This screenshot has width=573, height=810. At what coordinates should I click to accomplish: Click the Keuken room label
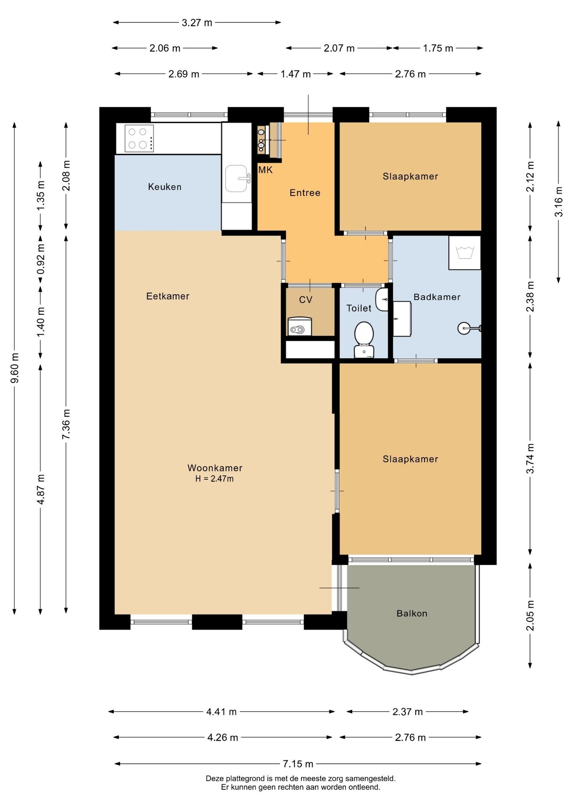[x=165, y=186]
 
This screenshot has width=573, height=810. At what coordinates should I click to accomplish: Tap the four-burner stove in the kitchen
[x=139, y=138]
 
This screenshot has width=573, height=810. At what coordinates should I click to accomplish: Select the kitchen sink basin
[x=237, y=178]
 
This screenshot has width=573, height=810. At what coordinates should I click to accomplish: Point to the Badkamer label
[x=437, y=297]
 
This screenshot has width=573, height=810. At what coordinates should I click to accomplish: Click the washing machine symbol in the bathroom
[x=465, y=253]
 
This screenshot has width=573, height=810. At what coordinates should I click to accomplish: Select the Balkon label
[x=412, y=613]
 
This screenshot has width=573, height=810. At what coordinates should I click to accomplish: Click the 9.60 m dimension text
[x=15, y=368]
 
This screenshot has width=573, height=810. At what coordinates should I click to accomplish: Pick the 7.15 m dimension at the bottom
[x=298, y=764]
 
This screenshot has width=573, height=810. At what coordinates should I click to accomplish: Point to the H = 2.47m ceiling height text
[x=214, y=478]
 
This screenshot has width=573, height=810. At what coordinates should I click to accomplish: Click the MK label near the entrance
[x=265, y=170]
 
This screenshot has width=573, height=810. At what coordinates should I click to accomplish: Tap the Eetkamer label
[x=168, y=296]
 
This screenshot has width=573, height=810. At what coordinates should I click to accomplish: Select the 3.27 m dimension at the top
[x=197, y=22]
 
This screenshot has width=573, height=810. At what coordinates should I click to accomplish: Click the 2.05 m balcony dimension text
[x=530, y=616]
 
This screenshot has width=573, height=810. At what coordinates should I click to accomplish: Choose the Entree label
[x=305, y=192]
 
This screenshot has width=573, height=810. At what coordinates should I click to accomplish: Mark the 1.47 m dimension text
[x=296, y=74]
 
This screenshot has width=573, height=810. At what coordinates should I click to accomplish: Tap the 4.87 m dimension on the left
[x=41, y=489]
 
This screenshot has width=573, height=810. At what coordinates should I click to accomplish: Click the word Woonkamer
[x=215, y=467]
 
